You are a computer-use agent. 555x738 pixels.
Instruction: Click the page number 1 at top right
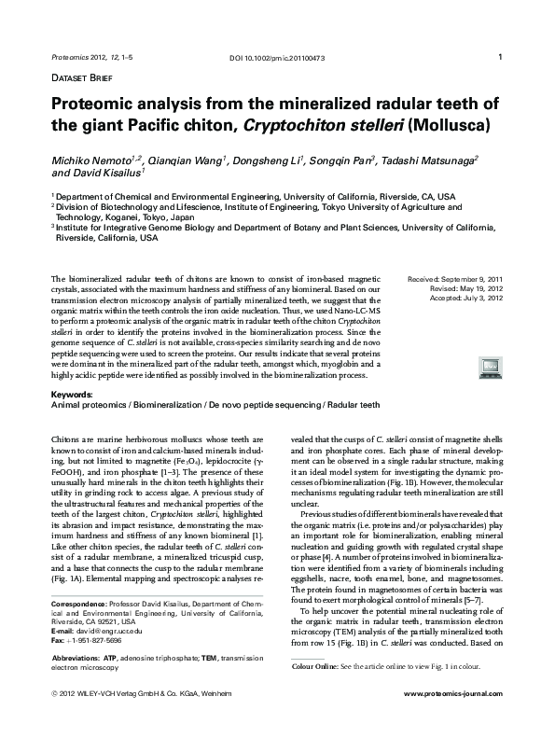point(502,59)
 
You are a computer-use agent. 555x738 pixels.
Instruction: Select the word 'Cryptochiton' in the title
point(313,124)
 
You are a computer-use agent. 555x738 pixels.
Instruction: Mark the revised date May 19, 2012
point(479,289)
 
